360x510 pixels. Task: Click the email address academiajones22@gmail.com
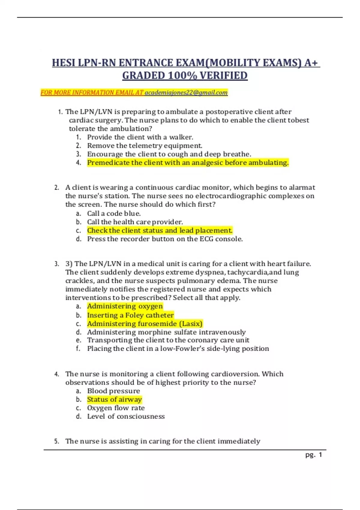[x=186, y=93]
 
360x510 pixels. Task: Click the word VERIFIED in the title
[x=223, y=76]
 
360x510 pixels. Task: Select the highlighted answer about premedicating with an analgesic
[x=188, y=163]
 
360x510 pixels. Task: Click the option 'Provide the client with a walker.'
[x=140, y=137]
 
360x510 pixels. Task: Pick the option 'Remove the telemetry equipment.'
[x=145, y=145]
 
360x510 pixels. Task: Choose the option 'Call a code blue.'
[x=114, y=213]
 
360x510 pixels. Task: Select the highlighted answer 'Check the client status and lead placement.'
[x=160, y=230]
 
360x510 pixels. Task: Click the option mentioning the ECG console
[x=165, y=239]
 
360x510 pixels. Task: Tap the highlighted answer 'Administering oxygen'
[x=125, y=306]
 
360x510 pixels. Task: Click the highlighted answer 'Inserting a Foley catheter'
[x=130, y=315]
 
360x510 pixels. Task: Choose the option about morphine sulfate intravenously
[x=166, y=332]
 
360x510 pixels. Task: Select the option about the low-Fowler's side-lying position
[x=178, y=349]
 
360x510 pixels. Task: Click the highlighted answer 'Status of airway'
[x=114, y=400]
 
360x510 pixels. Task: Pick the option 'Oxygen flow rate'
[x=116, y=408]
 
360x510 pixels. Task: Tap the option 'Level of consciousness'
[x=126, y=416]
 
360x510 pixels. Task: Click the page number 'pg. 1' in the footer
[x=313, y=455]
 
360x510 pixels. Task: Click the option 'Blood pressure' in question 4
[x=113, y=391]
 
